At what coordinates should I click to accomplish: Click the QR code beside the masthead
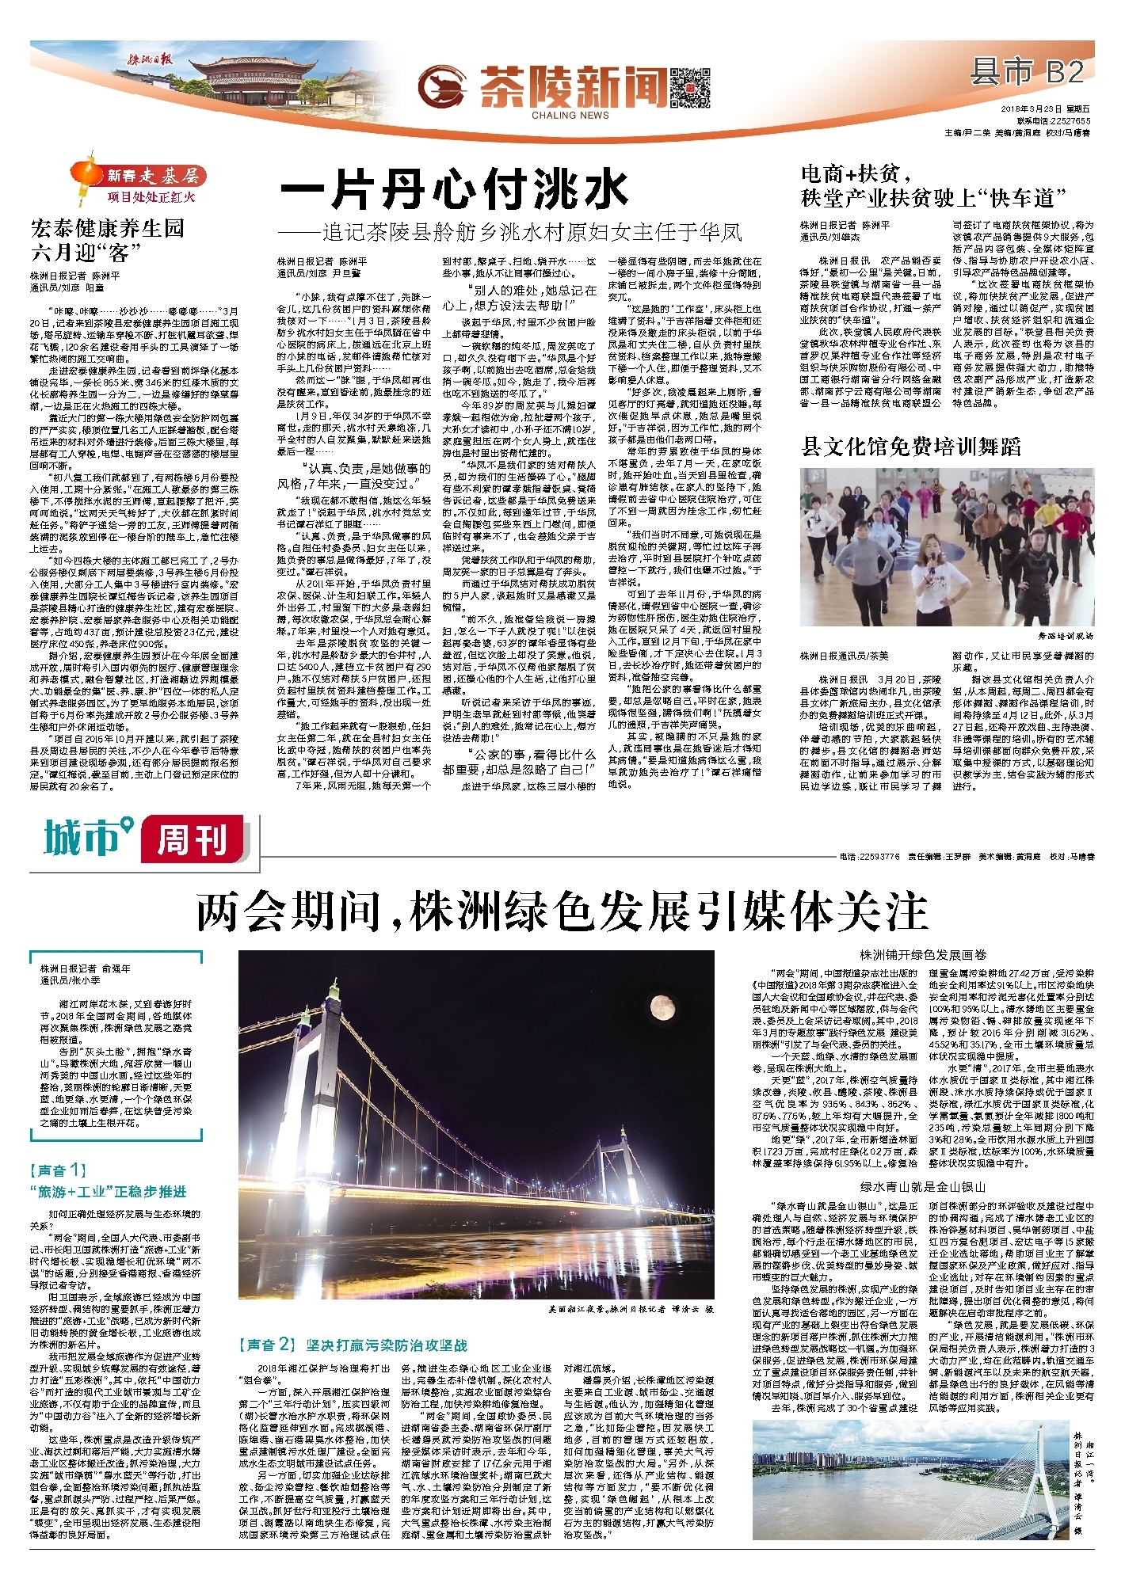coord(689,87)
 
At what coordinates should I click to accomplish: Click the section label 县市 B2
coord(1026,73)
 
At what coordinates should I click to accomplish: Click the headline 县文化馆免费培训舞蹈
coord(911,446)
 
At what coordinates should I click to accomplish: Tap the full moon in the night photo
coord(662,1007)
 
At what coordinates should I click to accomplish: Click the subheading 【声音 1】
coord(58,1170)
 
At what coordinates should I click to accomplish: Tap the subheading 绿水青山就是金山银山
coord(923,1187)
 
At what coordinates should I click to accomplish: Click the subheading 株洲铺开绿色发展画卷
coord(924,955)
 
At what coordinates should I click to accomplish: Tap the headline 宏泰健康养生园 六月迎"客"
coord(107,241)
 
